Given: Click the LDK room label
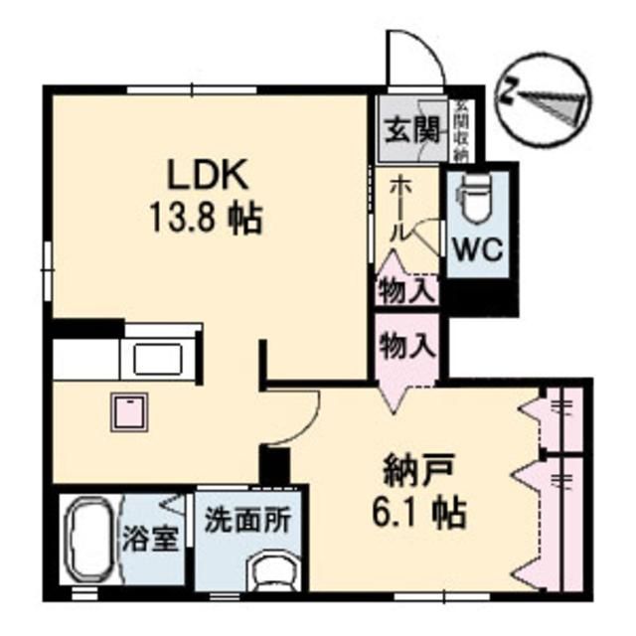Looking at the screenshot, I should pyautogui.click(x=208, y=176).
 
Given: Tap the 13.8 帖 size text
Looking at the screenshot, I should pyautogui.click(x=207, y=218).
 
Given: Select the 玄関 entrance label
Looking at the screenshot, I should pyautogui.click(x=411, y=128).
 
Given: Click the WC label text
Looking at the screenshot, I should pyautogui.click(x=479, y=248).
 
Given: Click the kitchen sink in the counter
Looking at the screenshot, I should pyautogui.click(x=158, y=357).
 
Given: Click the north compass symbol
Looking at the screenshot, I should pyautogui.click(x=544, y=97).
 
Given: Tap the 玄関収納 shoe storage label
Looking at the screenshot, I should pyautogui.click(x=462, y=126).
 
